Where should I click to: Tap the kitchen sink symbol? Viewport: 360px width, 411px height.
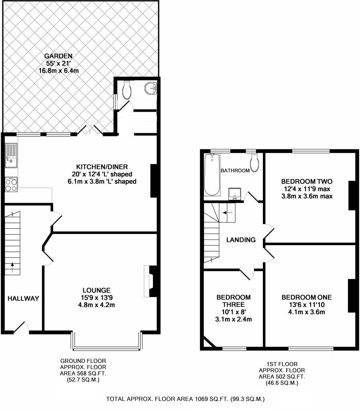point(11,156)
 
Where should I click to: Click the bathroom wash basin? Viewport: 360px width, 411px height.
point(234,193)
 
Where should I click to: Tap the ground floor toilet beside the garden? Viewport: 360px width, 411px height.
point(127,90)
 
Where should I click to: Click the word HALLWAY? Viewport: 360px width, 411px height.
point(23,298)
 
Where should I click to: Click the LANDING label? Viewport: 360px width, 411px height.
point(241,240)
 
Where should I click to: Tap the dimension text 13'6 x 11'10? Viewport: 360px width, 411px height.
point(307,305)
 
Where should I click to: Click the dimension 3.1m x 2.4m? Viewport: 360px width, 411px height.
point(234,319)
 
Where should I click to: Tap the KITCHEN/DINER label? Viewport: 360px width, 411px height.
point(102,167)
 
